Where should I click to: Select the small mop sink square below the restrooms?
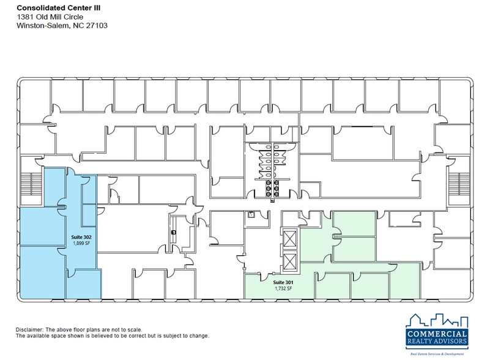click(x=251, y=215)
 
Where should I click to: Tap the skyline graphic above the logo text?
click(x=437, y=320)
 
